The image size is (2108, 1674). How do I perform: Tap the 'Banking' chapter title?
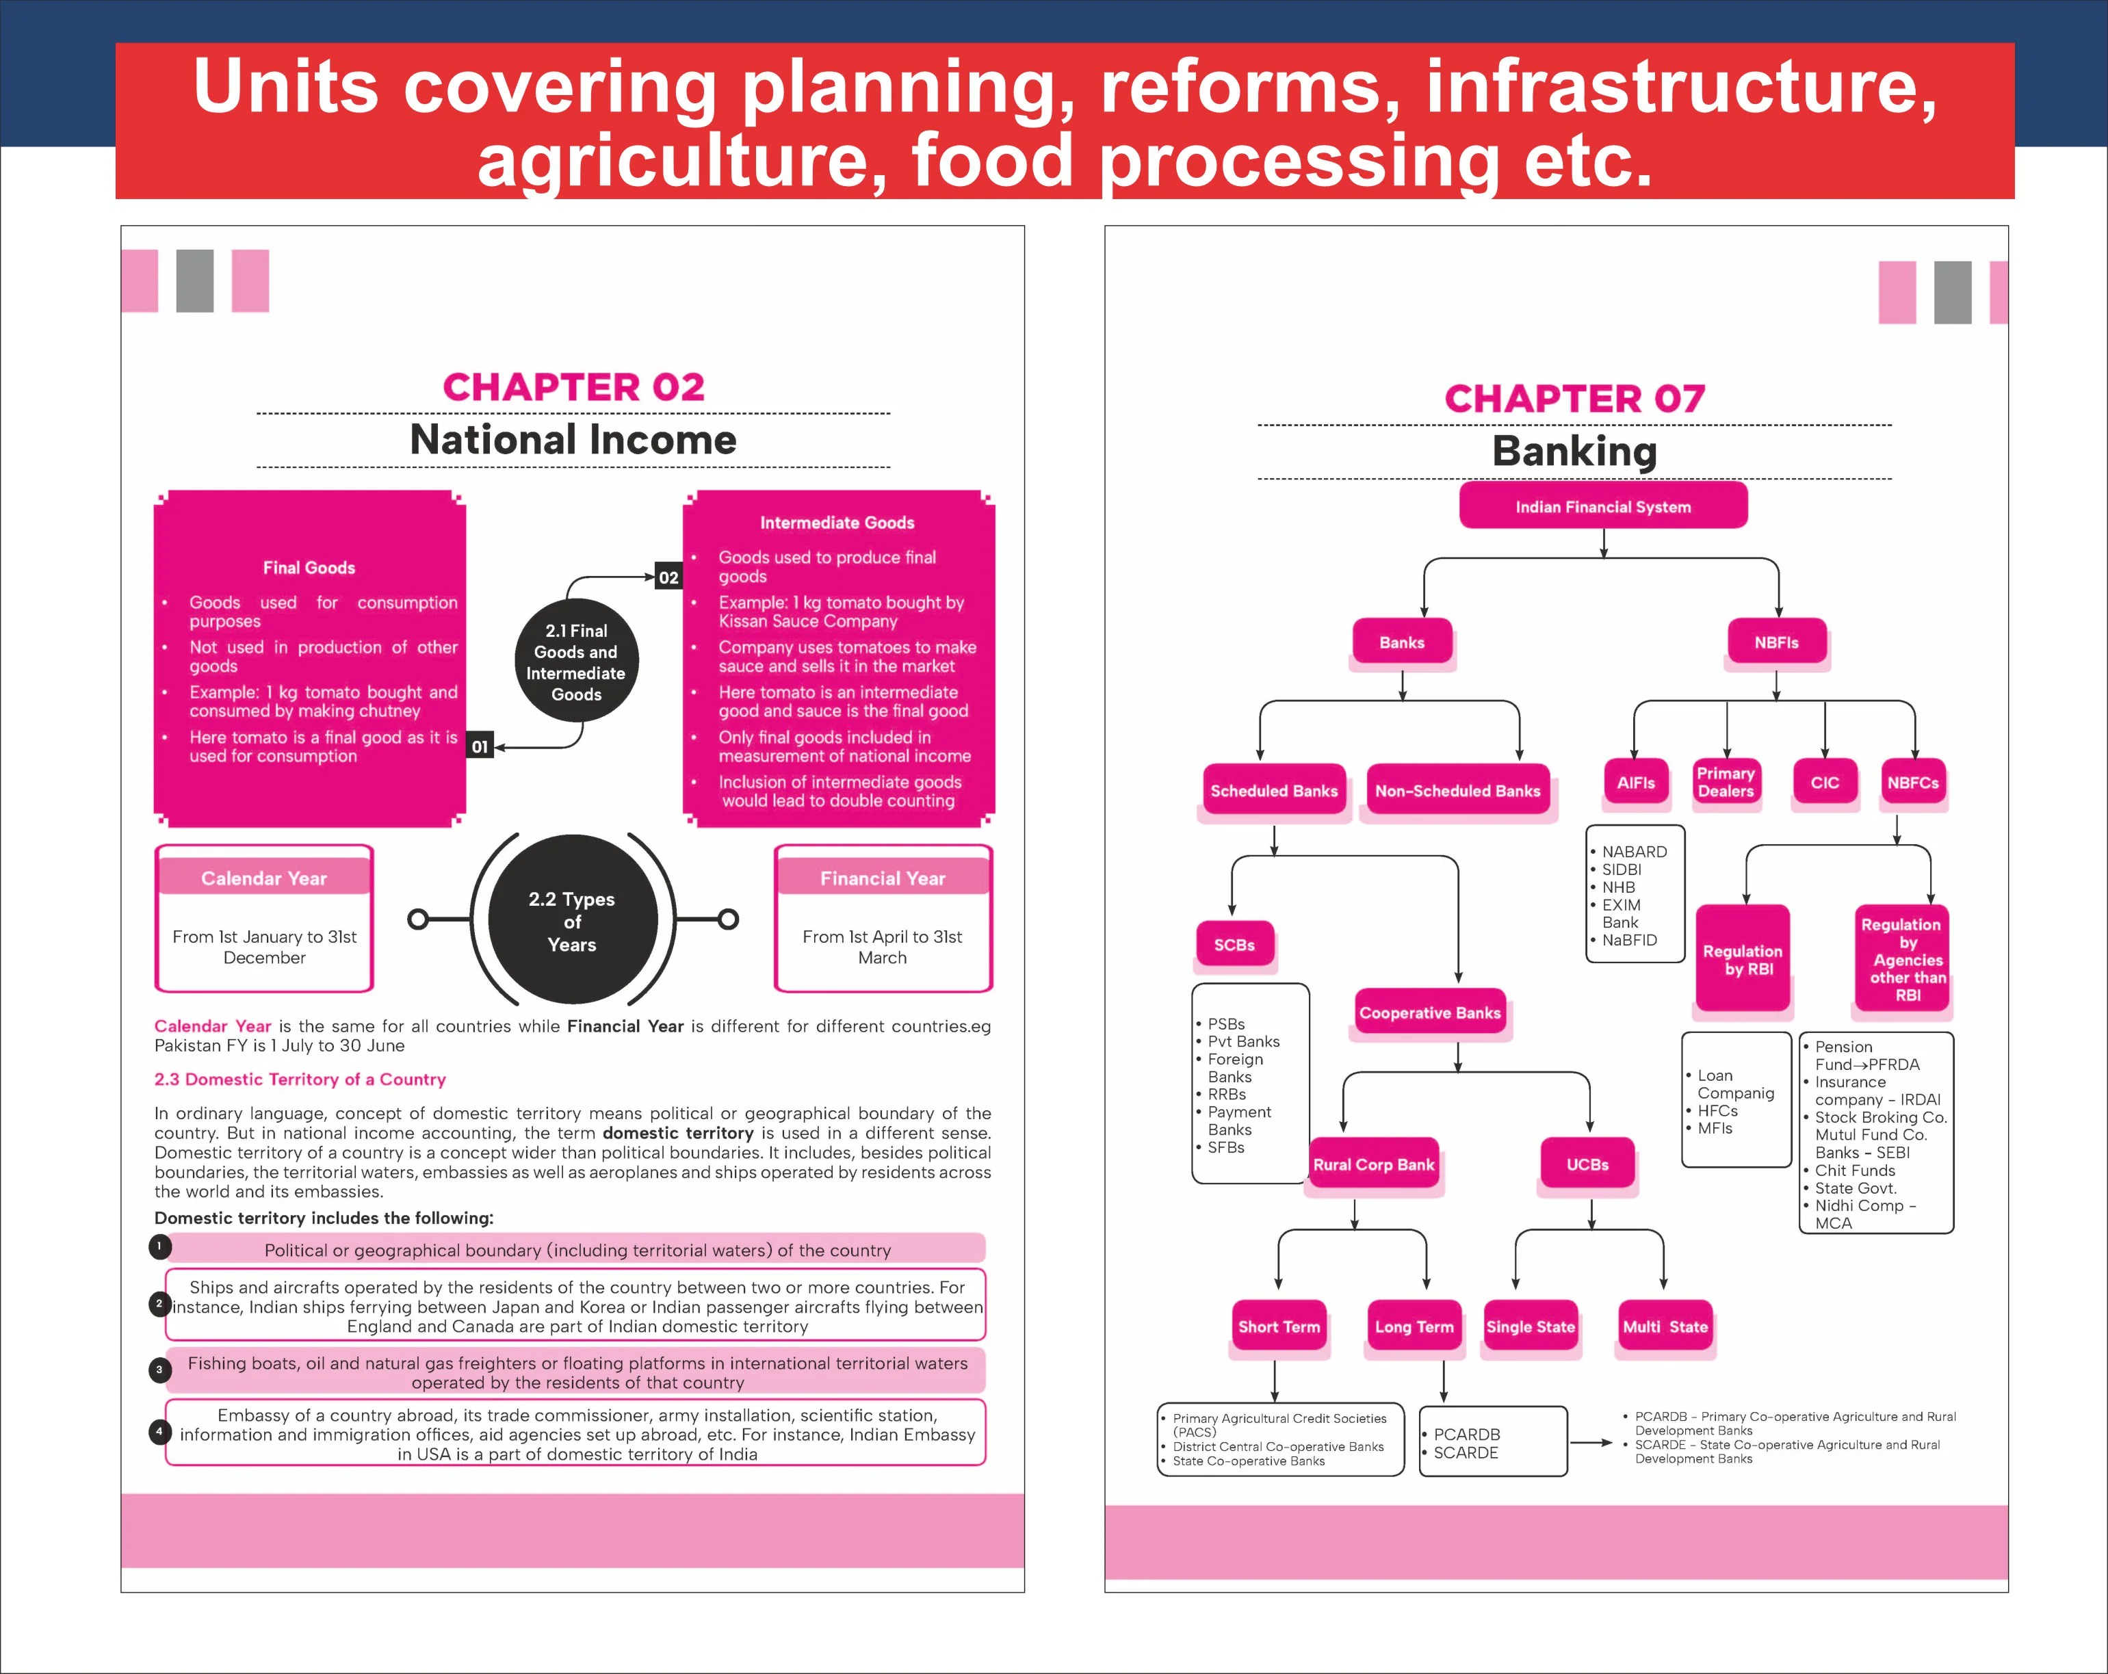[1574, 451]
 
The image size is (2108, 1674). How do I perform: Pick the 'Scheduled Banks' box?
[1273, 790]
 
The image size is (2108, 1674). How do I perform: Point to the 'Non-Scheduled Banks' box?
[1457, 790]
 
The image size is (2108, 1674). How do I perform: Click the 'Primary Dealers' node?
[1726, 782]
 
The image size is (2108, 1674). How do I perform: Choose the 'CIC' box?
[1825, 782]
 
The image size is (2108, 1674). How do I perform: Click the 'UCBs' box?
[1587, 1164]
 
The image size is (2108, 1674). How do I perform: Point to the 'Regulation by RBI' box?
[1743, 959]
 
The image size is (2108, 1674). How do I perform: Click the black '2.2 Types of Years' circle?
[573, 920]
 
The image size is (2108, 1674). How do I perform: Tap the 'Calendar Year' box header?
[264, 877]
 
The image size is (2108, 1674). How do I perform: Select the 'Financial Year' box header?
[883, 877]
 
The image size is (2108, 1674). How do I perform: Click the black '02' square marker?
[668, 577]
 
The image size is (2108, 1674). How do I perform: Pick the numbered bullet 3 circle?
[159, 1369]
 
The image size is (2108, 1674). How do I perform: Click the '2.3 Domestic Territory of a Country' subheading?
[300, 1080]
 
